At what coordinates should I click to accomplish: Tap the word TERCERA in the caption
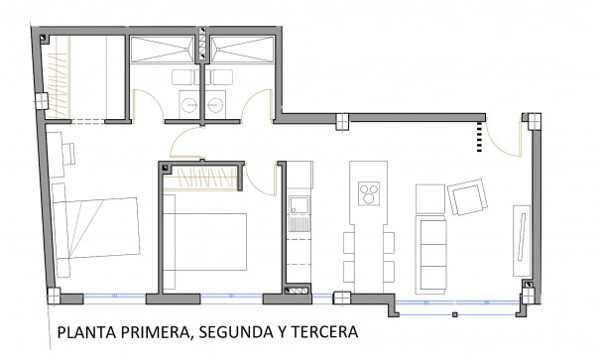click(317, 334)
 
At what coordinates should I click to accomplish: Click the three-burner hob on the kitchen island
click(369, 190)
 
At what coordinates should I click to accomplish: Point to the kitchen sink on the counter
click(297, 209)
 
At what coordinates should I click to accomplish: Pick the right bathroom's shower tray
click(238, 51)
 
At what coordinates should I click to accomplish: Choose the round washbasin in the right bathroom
click(219, 102)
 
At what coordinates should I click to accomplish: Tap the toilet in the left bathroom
click(184, 78)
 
